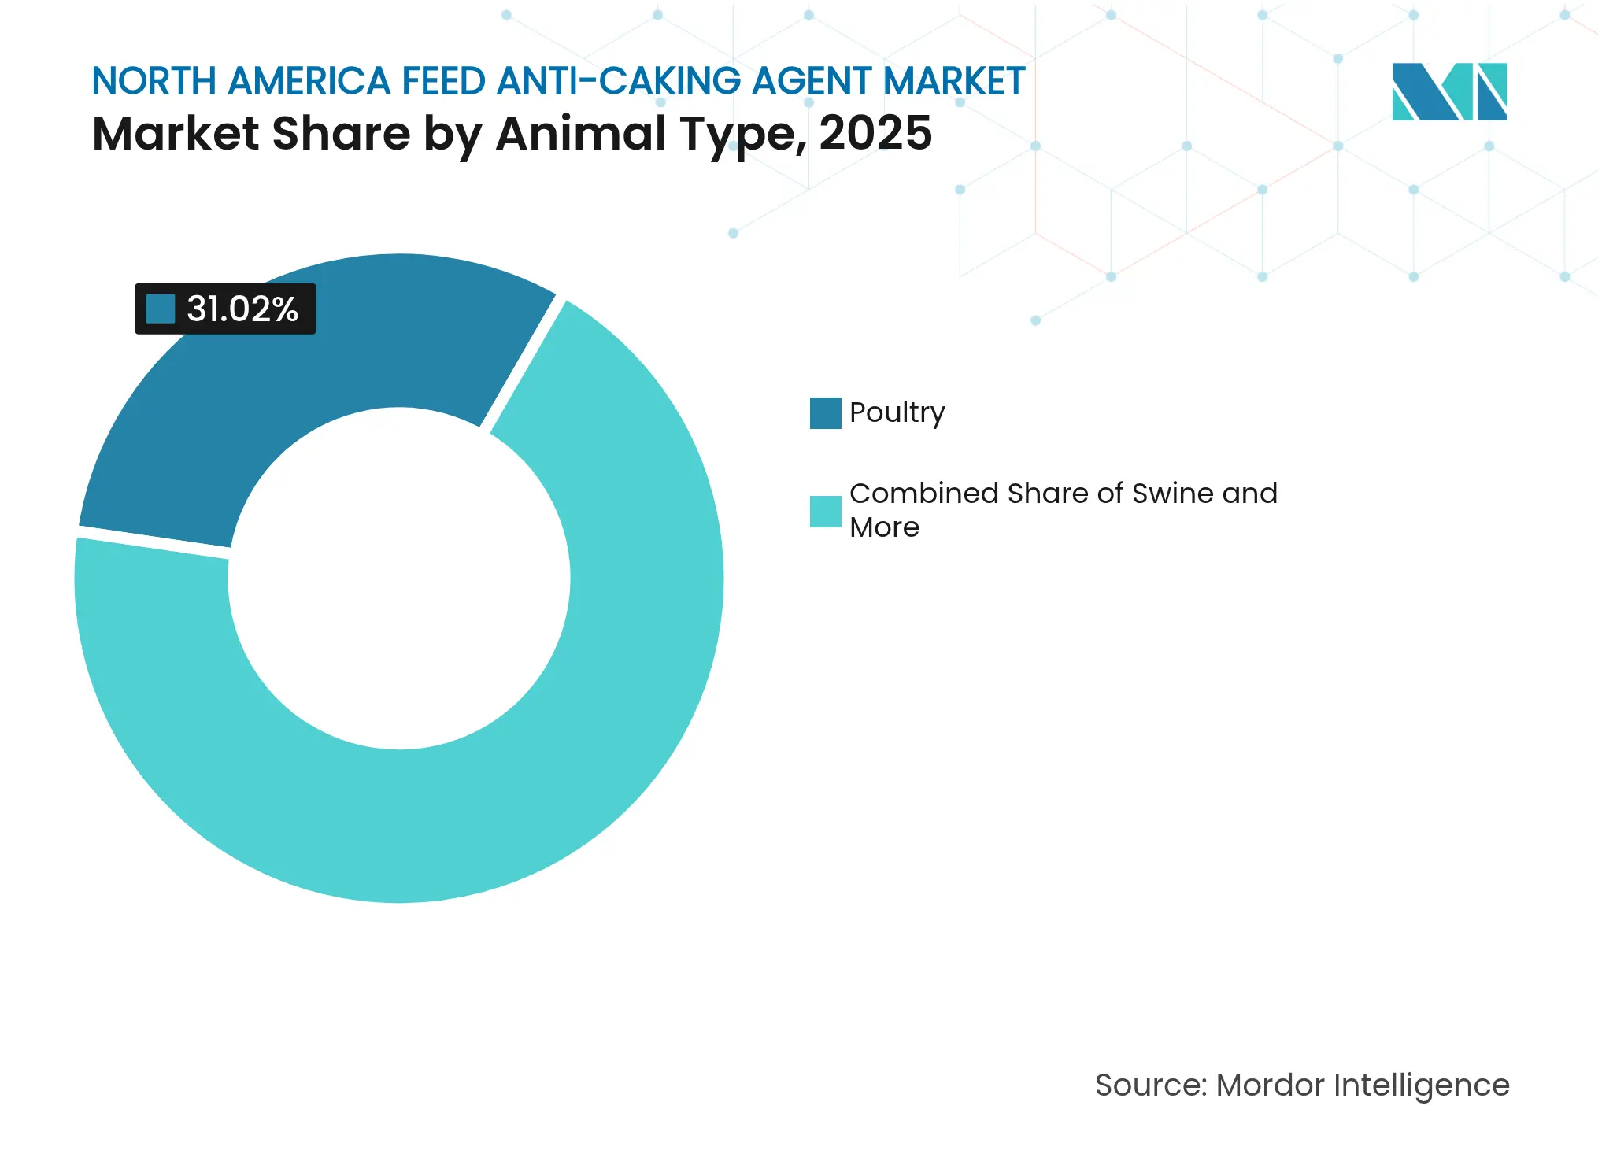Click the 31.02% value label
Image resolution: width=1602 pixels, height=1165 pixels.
click(x=242, y=309)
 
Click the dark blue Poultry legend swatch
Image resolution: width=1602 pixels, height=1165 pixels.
click(x=825, y=413)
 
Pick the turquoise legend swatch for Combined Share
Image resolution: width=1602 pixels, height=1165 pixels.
click(x=825, y=512)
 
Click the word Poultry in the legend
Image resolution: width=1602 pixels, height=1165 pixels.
click(x=897, y=413)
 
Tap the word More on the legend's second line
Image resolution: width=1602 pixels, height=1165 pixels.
click(x=884, y=527)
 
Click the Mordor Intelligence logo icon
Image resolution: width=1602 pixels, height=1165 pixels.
click(x=1448, y=91)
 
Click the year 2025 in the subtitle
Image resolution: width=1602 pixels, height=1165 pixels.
click(x=875, y=134)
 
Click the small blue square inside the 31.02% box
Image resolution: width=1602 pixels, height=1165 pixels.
click(x=161, y=309)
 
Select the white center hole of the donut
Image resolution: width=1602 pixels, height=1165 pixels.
click(x=399, y=579)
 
